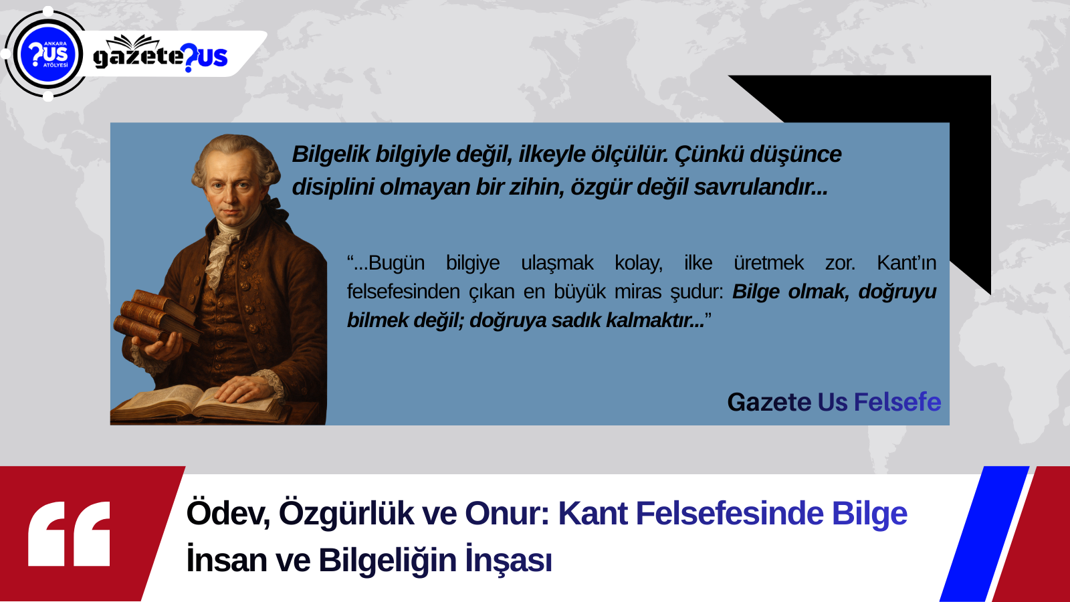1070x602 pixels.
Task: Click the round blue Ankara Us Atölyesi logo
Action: point(47,54)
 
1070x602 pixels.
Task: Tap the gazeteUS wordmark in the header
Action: point(160,54)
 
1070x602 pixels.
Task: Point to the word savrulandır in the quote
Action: point(760,187)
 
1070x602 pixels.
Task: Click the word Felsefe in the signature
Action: point(897,402)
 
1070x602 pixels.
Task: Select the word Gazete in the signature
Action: point(769,402)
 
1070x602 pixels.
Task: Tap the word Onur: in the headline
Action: point(508,514)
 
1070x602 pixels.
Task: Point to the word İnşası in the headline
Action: point(509,559)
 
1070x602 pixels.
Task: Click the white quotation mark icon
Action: point(70,534)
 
